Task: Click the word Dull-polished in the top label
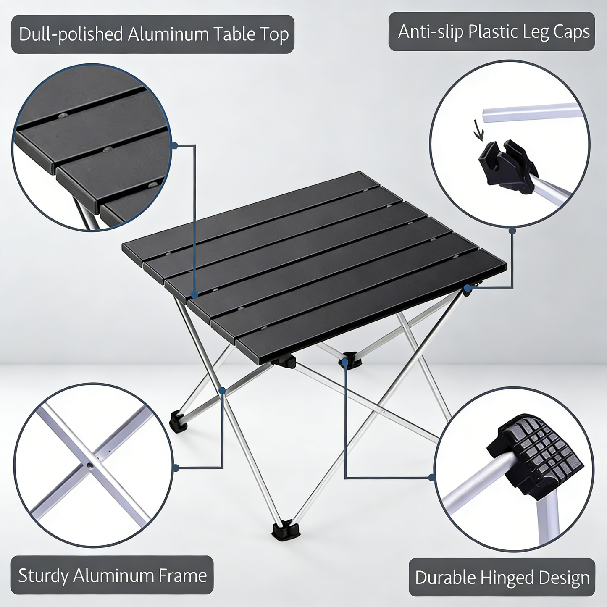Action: pyautogui.click(x=71, y=34)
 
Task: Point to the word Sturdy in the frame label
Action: pyautogui.click(x=43, y=575)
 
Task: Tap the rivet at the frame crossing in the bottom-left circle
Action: pyautogui.click(x=89, y=465)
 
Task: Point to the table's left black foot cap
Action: pyautogui.click(x=178, y=421)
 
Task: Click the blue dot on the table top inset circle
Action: pyautogui.click(x=175, y=145)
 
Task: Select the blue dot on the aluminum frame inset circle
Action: pyautogui.click(x=176, y=468)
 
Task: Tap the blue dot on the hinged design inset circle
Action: pyautogui.click(x=431, y=477)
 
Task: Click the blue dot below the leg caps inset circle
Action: pyautogui.click(x=512, y=231)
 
